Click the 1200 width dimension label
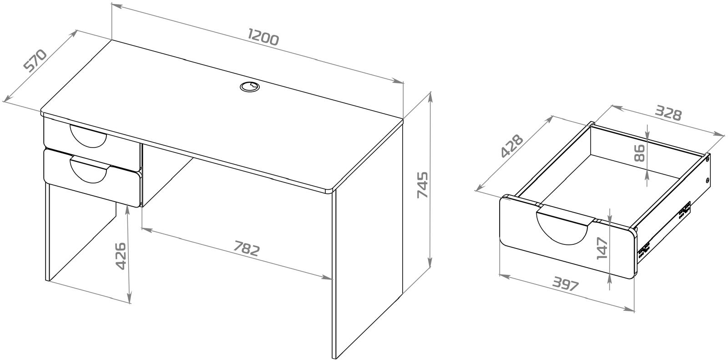pyautogui.click(x=263, y=37)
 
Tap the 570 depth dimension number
pyautogui.click(x=36, y=65)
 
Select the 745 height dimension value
pyautogui.click(x=423, y=185)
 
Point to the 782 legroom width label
pyautogui.click(x=247, y=248)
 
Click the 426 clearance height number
pyautogui.click(x=121, y=256)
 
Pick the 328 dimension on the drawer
pyautogui.click(x=667, y=113)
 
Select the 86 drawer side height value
pyautogui.click(x=639, y=153)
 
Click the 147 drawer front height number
pyautogui.click(x=602, y=248)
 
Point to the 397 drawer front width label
pyautogui.click(x=566, y=284)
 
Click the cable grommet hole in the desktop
pyautogui.click(x=250, y=87)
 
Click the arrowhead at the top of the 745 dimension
pyautogui.click(x=431, y=96)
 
